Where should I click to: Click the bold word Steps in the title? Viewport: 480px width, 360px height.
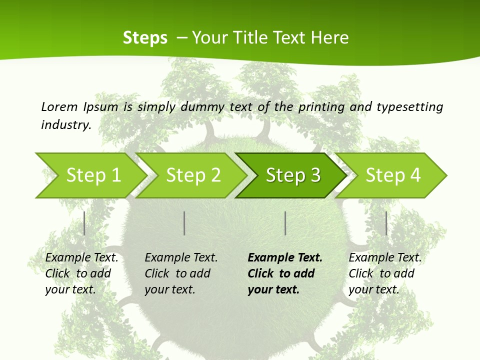[x=145, y=37]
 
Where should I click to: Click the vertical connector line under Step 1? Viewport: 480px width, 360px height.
[x=84, y=223]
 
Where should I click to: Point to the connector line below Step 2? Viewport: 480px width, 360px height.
[x=184, y=223]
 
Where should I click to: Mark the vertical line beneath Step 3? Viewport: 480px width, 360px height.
[x=285, y=223]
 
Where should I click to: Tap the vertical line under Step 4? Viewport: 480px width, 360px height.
[x=386, y=223]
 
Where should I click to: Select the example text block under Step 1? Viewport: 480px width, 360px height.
[x=81, y=273]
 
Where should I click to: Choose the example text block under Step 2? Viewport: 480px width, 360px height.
[x=181, y=273]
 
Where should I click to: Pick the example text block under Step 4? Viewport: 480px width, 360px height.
[x=385, y=273]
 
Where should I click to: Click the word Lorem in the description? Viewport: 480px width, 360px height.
[x=59, y=106]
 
